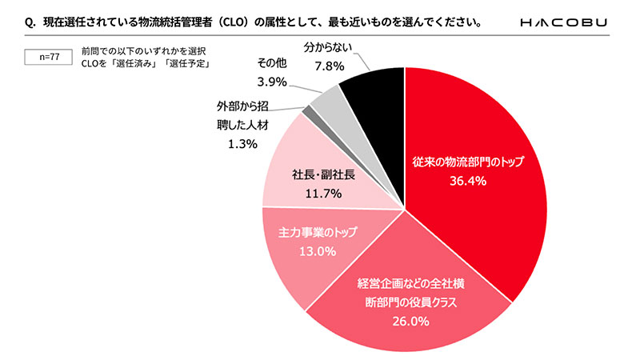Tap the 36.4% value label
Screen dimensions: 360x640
coord(466,181)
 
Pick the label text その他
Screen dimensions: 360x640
coord(274,64)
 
